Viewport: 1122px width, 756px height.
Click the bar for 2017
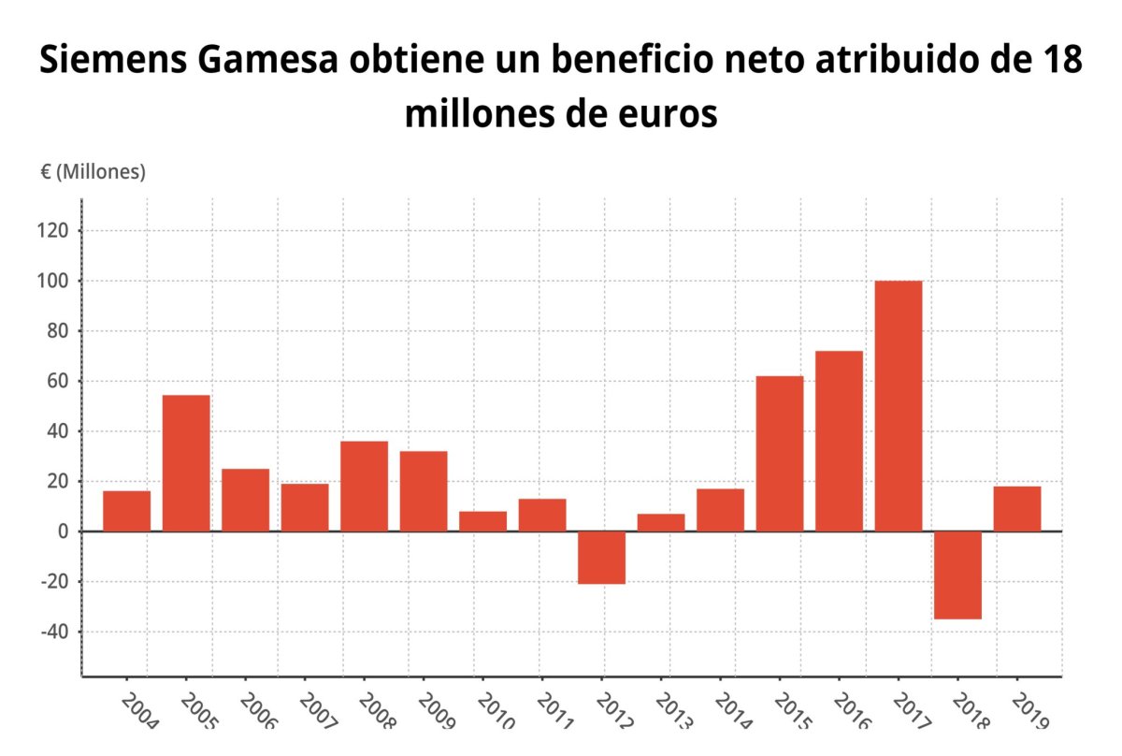pyautogui.click(x=899, y=406)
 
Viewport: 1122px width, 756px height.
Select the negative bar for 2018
pyautogui.click(x=957, y=574)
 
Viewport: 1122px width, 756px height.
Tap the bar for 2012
pyautogui.click(x=601, y=557)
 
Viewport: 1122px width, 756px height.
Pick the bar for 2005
pyautogui.click(x=186, y=463)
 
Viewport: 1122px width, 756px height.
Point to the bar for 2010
pyautogui.click(x=482, y=521)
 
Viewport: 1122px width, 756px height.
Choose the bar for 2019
pyautogui.click(x=1017, y=509)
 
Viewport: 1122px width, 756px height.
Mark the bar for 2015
pyautogui.click(x=780, y=454)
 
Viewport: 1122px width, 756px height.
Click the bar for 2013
pyautogui.click(x=661, y=522)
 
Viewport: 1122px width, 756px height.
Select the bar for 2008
pyautogui.click(x=364, y=487)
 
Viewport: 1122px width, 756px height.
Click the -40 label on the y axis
pyautogui.click(x=56, y=632)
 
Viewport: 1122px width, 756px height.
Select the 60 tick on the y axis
pyautogui.click(x=60, y=381)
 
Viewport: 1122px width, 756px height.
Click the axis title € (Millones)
pyautogui.click(x=93, y=172)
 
